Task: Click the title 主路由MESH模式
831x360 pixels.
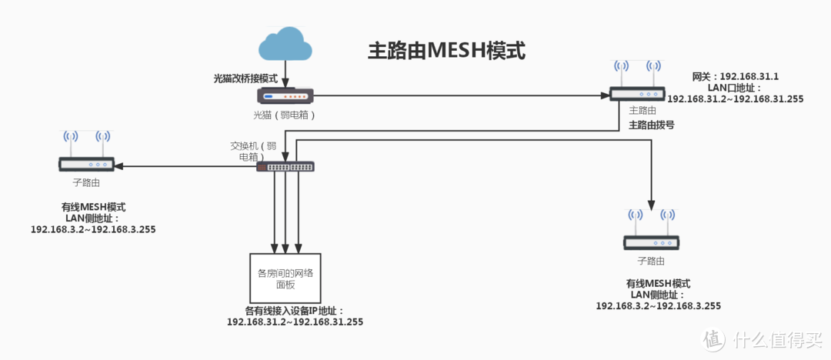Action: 446,52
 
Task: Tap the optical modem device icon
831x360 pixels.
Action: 285,96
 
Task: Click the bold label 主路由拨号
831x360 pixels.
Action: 652,124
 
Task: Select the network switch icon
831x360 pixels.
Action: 285,166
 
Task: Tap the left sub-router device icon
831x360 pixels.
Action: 86,164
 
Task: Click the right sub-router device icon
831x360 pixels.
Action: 651,242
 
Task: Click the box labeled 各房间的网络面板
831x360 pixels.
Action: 285,278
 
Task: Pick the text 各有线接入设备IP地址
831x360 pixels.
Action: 295,311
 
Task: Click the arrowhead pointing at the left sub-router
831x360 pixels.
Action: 120,166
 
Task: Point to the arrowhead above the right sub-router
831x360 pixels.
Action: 652,207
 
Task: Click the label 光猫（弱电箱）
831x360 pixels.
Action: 285,115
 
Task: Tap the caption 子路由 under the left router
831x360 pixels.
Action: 86,183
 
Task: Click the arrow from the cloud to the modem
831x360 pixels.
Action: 286,74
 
